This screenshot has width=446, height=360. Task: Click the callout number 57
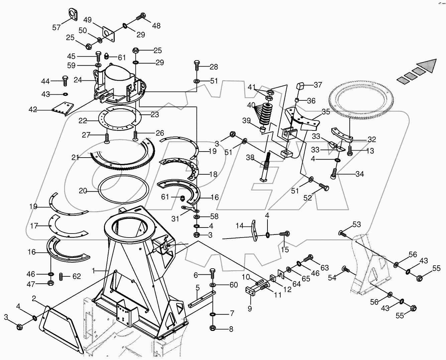click(57, 27)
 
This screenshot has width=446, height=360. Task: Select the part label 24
click(78, 80)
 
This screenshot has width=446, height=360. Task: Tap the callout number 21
click(75, 157)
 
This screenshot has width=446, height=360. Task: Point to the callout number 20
click(83, 191)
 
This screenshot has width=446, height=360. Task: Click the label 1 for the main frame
click(94, 269)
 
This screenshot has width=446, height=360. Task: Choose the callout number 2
click(34, 298)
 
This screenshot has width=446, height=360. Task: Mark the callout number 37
click(317, 85)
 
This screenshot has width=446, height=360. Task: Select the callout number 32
click(371, 140)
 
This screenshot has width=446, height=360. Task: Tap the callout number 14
click(240, 226)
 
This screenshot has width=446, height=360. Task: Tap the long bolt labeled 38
click(266, 166)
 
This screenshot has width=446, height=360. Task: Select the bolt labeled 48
click(141, 15)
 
